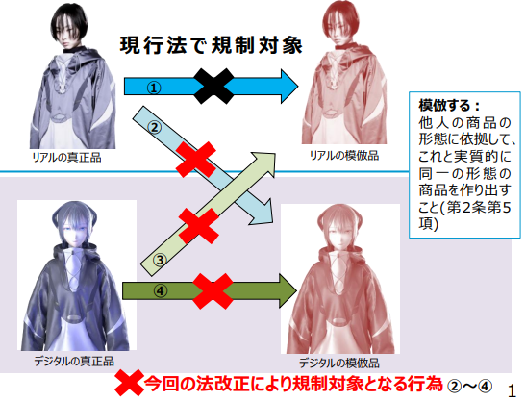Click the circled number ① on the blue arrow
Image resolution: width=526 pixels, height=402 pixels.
(x=154, y=88)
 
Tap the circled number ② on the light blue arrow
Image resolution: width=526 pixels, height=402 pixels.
(x=155, y=128)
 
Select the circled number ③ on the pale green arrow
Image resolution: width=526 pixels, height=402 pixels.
(x=160, y=260)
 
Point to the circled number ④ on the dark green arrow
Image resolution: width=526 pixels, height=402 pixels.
(x=161, y=291)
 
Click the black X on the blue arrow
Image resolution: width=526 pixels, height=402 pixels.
(x=214, y=87)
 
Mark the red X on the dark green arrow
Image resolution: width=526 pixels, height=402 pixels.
(x=213, y=291)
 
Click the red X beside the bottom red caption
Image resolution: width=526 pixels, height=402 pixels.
(x=129, y=385)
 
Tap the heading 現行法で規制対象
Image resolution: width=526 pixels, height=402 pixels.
(x=212, y=45)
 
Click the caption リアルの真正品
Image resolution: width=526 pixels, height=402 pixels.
(x=66, y=157)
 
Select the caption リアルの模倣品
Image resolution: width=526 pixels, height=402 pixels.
(x=344, y=156)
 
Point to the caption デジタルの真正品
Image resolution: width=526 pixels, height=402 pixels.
(x=74, y=361)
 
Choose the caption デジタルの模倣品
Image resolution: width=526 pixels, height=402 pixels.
(x=339, y=363)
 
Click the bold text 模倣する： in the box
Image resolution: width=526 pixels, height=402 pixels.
(x=449, y=106)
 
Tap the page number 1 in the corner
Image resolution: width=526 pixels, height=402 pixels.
(x=512, y=390)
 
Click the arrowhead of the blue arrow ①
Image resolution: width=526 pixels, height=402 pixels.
(x=289, y=87)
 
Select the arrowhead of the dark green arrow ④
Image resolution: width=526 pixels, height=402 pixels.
(x=288, y=290)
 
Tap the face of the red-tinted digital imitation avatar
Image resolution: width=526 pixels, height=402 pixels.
(x=338, y=232)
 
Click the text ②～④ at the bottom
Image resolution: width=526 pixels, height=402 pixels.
(x=469, y=387)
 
